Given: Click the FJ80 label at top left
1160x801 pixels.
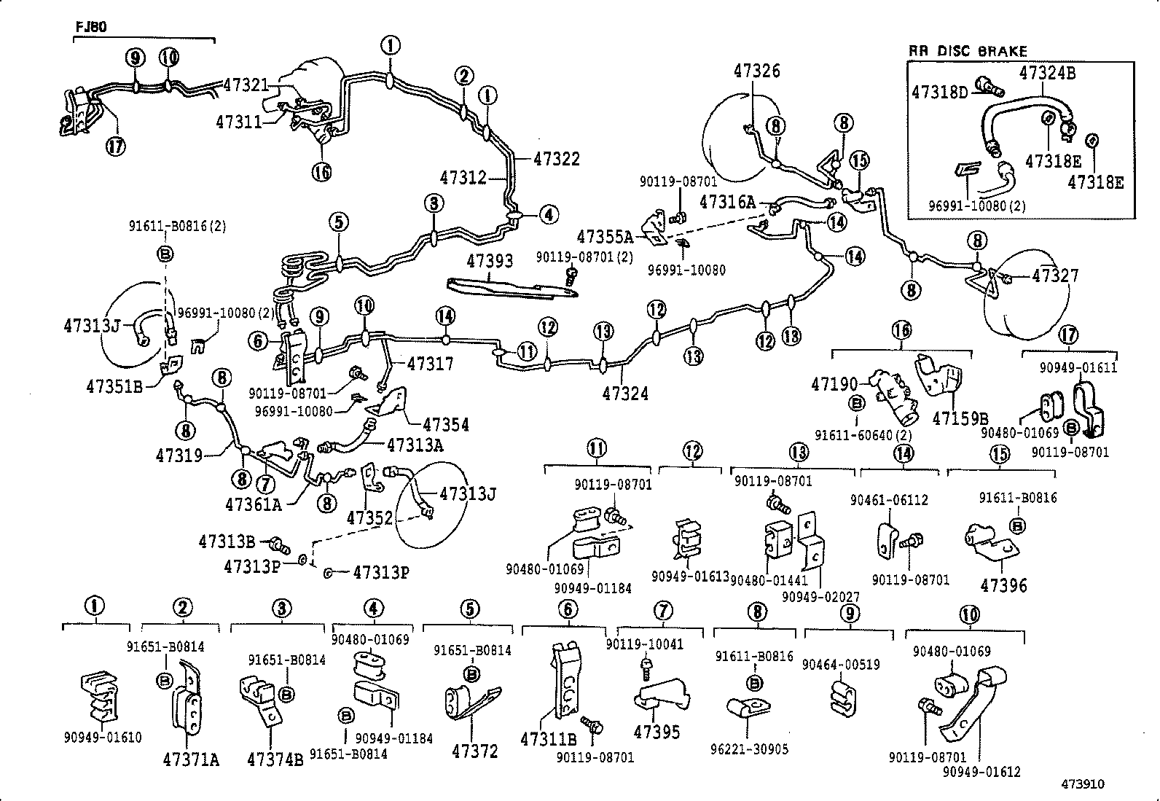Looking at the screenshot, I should point(91,27).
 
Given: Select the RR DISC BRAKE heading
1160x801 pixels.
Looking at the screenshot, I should point(967,51).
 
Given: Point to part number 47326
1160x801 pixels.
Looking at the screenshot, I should point(756,71).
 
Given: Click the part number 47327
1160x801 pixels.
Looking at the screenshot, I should point(1055,276).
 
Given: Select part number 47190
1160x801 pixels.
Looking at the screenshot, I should point(835,383).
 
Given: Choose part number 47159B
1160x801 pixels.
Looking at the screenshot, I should point(960,418).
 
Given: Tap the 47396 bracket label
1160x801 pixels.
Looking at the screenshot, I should point(1003,585).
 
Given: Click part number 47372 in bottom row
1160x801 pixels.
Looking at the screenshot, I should point(474,751).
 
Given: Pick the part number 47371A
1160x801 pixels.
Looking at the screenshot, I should point(190,759).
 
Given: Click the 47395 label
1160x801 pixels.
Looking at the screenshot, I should point(657,732).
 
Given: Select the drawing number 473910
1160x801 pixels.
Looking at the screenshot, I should point(1082,784).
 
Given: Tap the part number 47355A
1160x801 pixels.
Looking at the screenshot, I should point(605,236).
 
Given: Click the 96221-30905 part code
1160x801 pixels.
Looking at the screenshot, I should point(748,749).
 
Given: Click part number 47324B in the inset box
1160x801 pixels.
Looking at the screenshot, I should point(1047,72).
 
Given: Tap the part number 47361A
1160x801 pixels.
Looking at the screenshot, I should point(253,504).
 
